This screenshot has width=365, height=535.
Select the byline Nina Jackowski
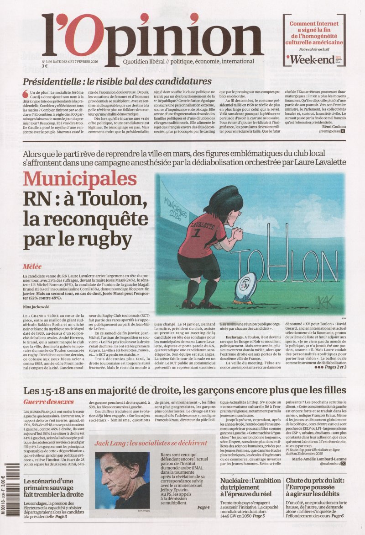[36, 306]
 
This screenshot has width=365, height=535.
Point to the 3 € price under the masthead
[45, 66]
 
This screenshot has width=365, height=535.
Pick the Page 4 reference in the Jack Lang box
[203, 507]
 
